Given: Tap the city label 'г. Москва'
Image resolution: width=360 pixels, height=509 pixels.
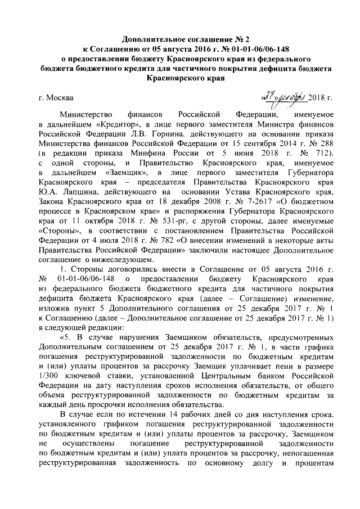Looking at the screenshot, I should pos(56,98).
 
